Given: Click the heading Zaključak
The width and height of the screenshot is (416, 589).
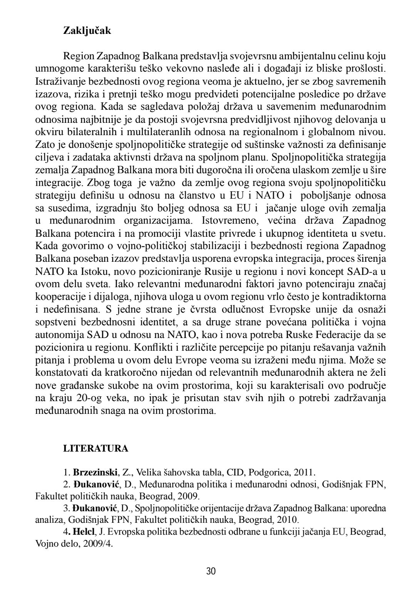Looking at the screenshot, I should (x=87, y=31).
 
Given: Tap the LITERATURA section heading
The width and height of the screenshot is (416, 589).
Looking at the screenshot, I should (x=96, y=448).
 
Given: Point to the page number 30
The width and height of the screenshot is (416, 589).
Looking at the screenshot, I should (x=211, y=571).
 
